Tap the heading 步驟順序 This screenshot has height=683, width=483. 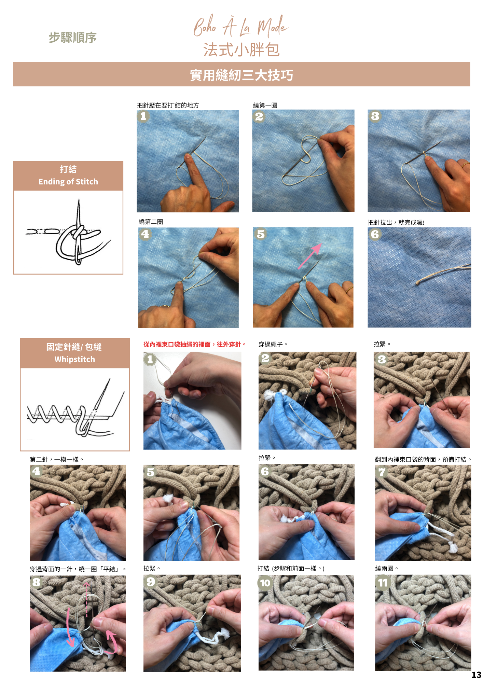tap(72, 38)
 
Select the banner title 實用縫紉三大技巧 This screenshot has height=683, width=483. tap(242, 75)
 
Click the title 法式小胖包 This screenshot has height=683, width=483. tap(242, 50)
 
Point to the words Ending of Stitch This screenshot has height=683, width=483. tap(68, 182)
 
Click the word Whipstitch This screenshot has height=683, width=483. tap(75, 359)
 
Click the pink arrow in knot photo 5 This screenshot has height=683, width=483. tap(309, 256)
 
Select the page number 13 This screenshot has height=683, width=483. tap(476, 675)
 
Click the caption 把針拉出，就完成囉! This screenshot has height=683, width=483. tap(396, 222)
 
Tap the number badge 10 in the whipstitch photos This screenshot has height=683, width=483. tap(265, 583)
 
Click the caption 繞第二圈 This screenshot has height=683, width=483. tap(151, 222)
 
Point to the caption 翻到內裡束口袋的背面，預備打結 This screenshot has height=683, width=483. tap(423, 459)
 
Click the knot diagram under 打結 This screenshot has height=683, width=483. tap(68, 232)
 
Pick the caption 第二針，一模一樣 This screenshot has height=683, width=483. tap(56, 459)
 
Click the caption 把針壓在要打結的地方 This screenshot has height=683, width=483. tap(168, 105)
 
